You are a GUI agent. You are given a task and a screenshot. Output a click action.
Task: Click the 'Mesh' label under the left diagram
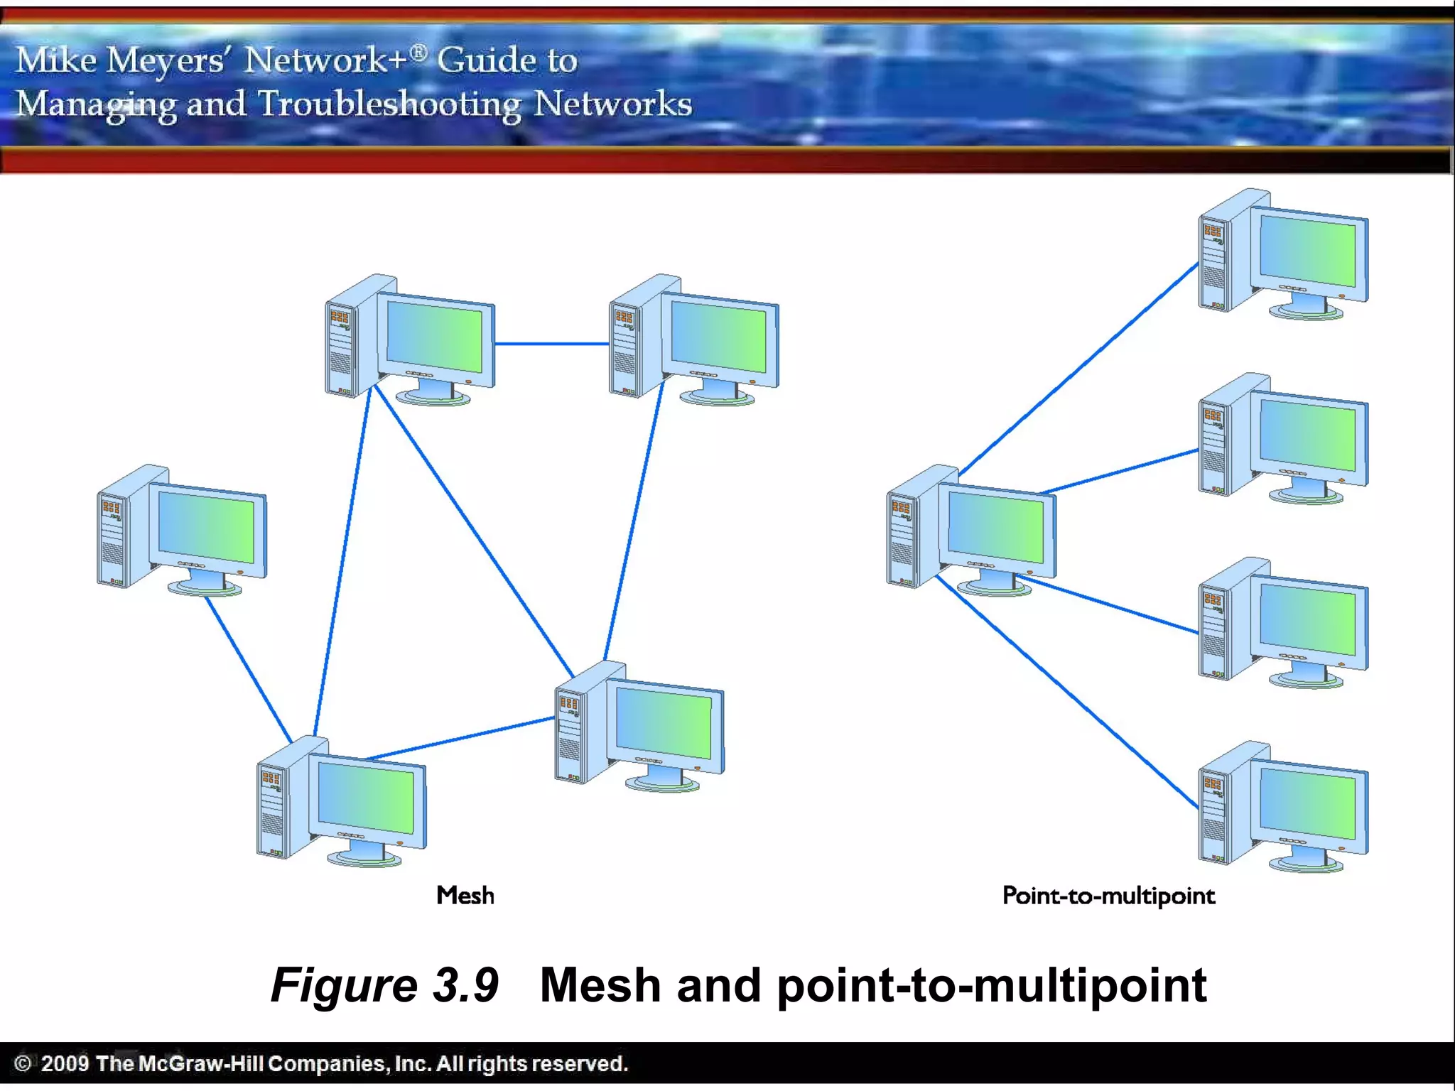click(465, 895)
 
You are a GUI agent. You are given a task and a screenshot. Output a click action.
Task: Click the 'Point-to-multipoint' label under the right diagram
click(1108, 896)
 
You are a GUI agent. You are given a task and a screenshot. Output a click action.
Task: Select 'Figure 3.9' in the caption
click(384, 985)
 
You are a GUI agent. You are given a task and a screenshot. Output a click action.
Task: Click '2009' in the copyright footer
click(65, 1063)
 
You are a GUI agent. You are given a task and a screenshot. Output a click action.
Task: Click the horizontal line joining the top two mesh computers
click(551, 344)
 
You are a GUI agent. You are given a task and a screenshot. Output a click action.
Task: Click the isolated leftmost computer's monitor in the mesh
click(206, 528)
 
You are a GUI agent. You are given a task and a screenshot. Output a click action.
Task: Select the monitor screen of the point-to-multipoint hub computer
click(996, 528)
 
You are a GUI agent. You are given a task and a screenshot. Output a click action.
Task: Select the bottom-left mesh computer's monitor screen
click(366, 798)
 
